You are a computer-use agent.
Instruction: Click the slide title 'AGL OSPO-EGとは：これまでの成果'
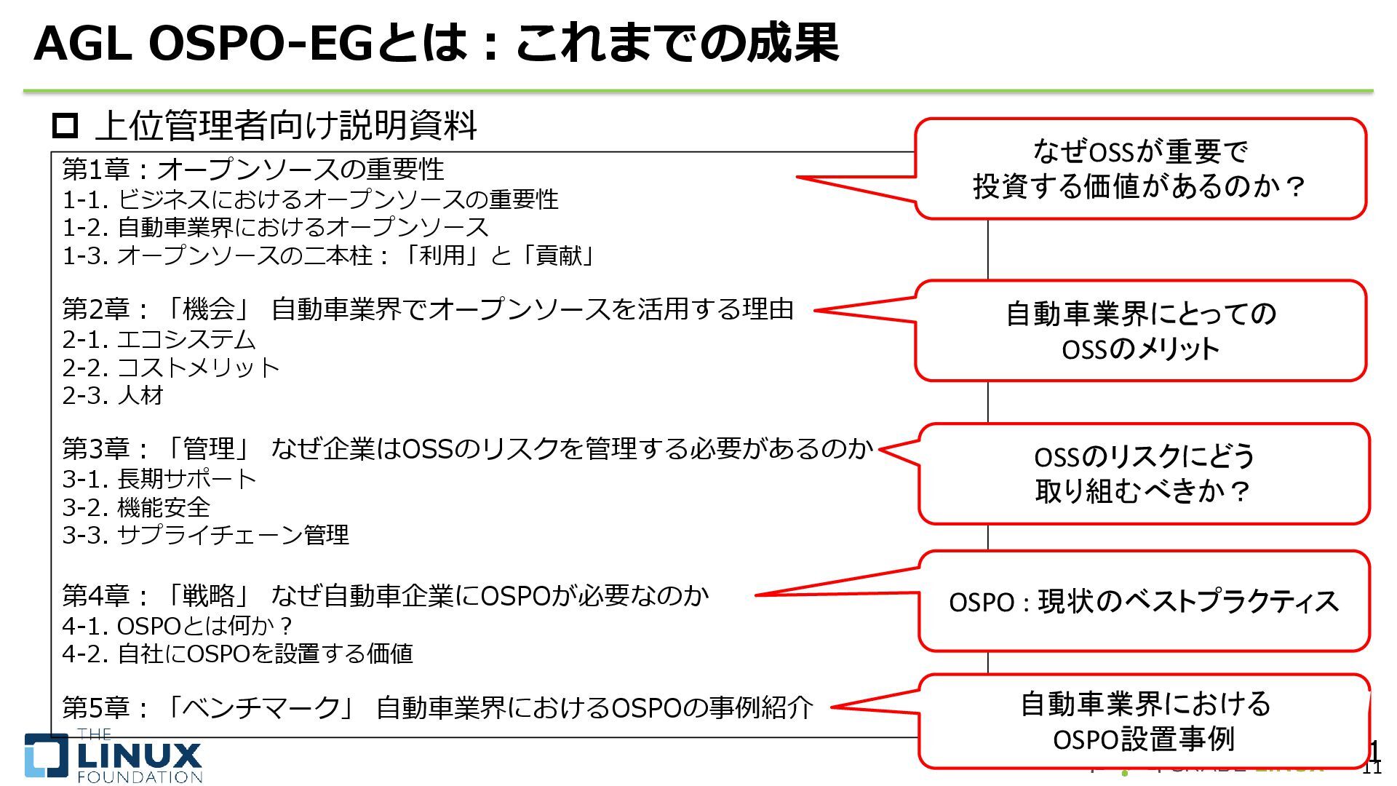pos(437,44)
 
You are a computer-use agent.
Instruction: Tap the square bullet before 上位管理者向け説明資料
pos(65,126)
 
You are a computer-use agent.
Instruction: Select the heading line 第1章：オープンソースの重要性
pos(252,170)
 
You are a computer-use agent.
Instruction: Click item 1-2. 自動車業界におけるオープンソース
pos(275,228)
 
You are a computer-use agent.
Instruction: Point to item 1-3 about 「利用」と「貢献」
pos(329,256)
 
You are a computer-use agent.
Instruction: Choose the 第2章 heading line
pos(428,310)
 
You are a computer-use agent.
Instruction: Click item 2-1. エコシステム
pos(159,340)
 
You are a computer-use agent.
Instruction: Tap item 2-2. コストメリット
pos(171,368)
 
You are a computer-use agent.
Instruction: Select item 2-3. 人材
pos(113,396)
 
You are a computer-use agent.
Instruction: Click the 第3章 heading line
pos(467,449)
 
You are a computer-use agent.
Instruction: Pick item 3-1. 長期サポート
pos(159,480)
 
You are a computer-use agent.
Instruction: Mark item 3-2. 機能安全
pos(136,507)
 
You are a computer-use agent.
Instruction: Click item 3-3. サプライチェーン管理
pos(205,536)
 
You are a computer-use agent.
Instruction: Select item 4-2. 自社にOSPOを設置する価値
pos(237,654)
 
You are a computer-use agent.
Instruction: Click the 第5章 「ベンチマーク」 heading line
pos(437,707)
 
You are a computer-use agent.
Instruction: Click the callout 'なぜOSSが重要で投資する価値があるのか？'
pos(1140,169)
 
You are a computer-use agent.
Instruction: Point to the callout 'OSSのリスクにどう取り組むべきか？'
pos(1144,474)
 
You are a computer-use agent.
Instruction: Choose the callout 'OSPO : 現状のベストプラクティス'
pos(1144,602)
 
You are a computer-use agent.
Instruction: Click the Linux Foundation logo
pos(114,758)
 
